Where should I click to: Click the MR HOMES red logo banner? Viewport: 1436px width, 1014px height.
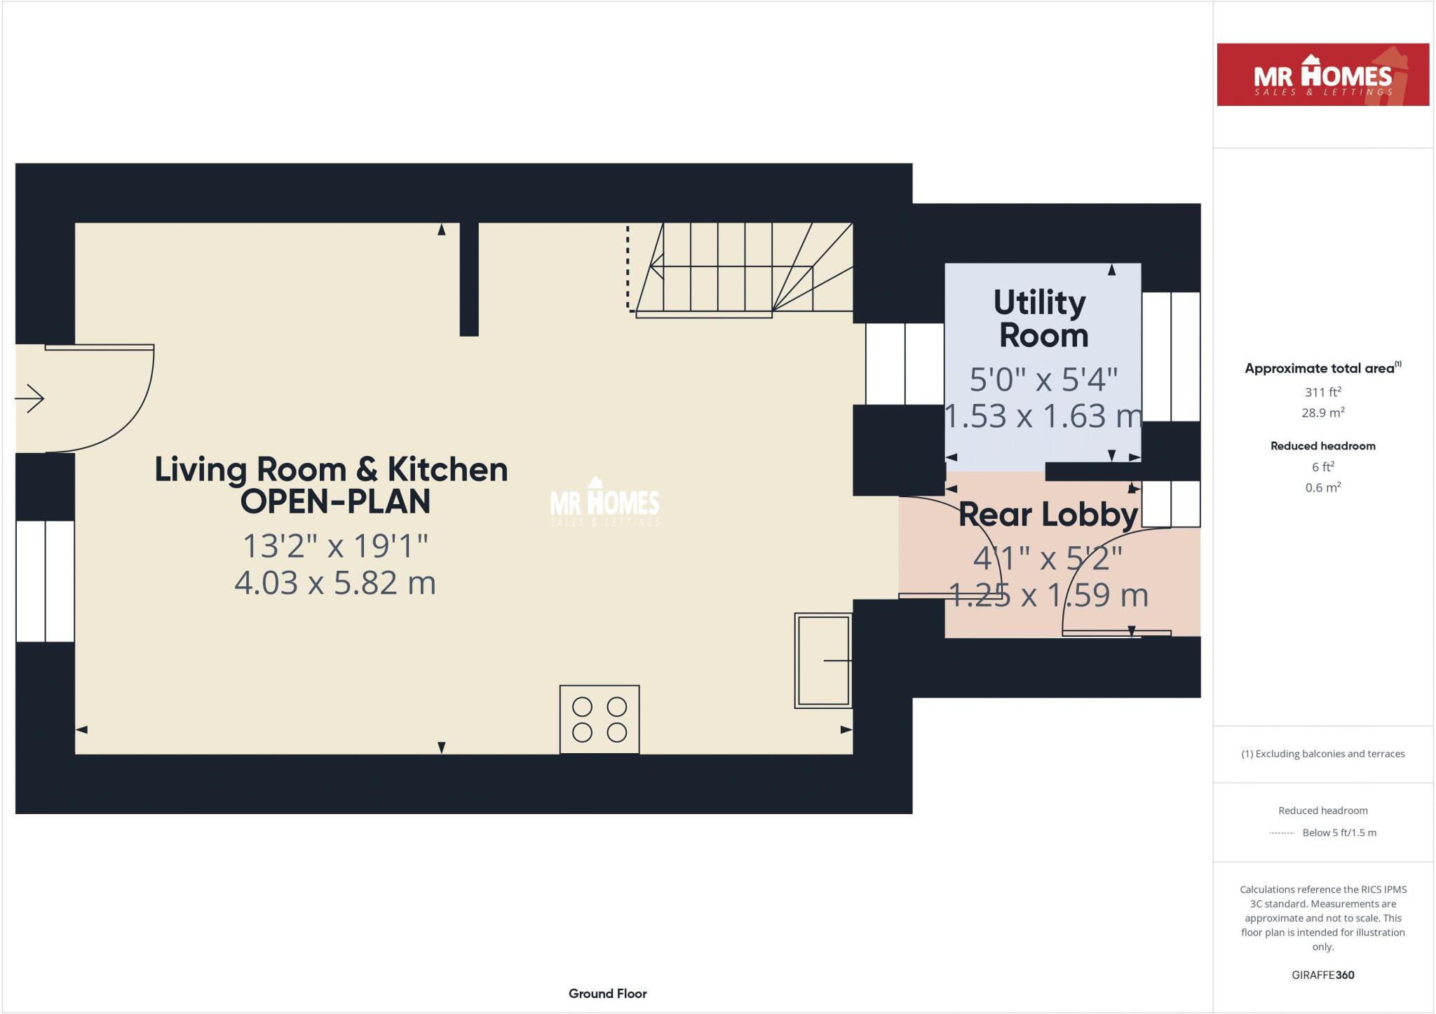point(1322,75)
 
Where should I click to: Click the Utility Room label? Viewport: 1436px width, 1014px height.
point(1042,319)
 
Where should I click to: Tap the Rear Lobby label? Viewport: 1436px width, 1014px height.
point(1048,515)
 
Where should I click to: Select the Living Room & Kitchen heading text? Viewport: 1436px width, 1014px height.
point(332,485)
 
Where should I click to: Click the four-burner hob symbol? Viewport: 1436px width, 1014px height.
point(599,719)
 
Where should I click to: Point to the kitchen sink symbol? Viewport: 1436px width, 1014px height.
point(822,661)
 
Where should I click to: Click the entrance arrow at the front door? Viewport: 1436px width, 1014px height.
point(30,399)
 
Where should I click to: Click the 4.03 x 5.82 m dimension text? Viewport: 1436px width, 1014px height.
point(335,583)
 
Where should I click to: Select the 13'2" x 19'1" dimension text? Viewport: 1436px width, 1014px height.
point(335,546)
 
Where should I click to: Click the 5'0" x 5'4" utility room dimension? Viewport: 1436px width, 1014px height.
point(1043,379)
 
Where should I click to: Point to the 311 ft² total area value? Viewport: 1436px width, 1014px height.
point(1322,392)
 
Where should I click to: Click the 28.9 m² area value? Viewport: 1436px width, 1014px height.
point(1322,413)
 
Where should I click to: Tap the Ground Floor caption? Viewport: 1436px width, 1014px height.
point(607,994)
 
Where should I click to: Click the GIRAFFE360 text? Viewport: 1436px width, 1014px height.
point(1322,975)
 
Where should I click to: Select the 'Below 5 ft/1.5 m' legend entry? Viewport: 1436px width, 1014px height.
point(1339,833)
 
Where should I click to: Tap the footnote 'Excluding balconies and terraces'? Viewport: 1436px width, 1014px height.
point(1322,754)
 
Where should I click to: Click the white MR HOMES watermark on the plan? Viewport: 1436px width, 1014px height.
point(604,503)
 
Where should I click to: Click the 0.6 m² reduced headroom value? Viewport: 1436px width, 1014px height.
point(1322,487)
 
